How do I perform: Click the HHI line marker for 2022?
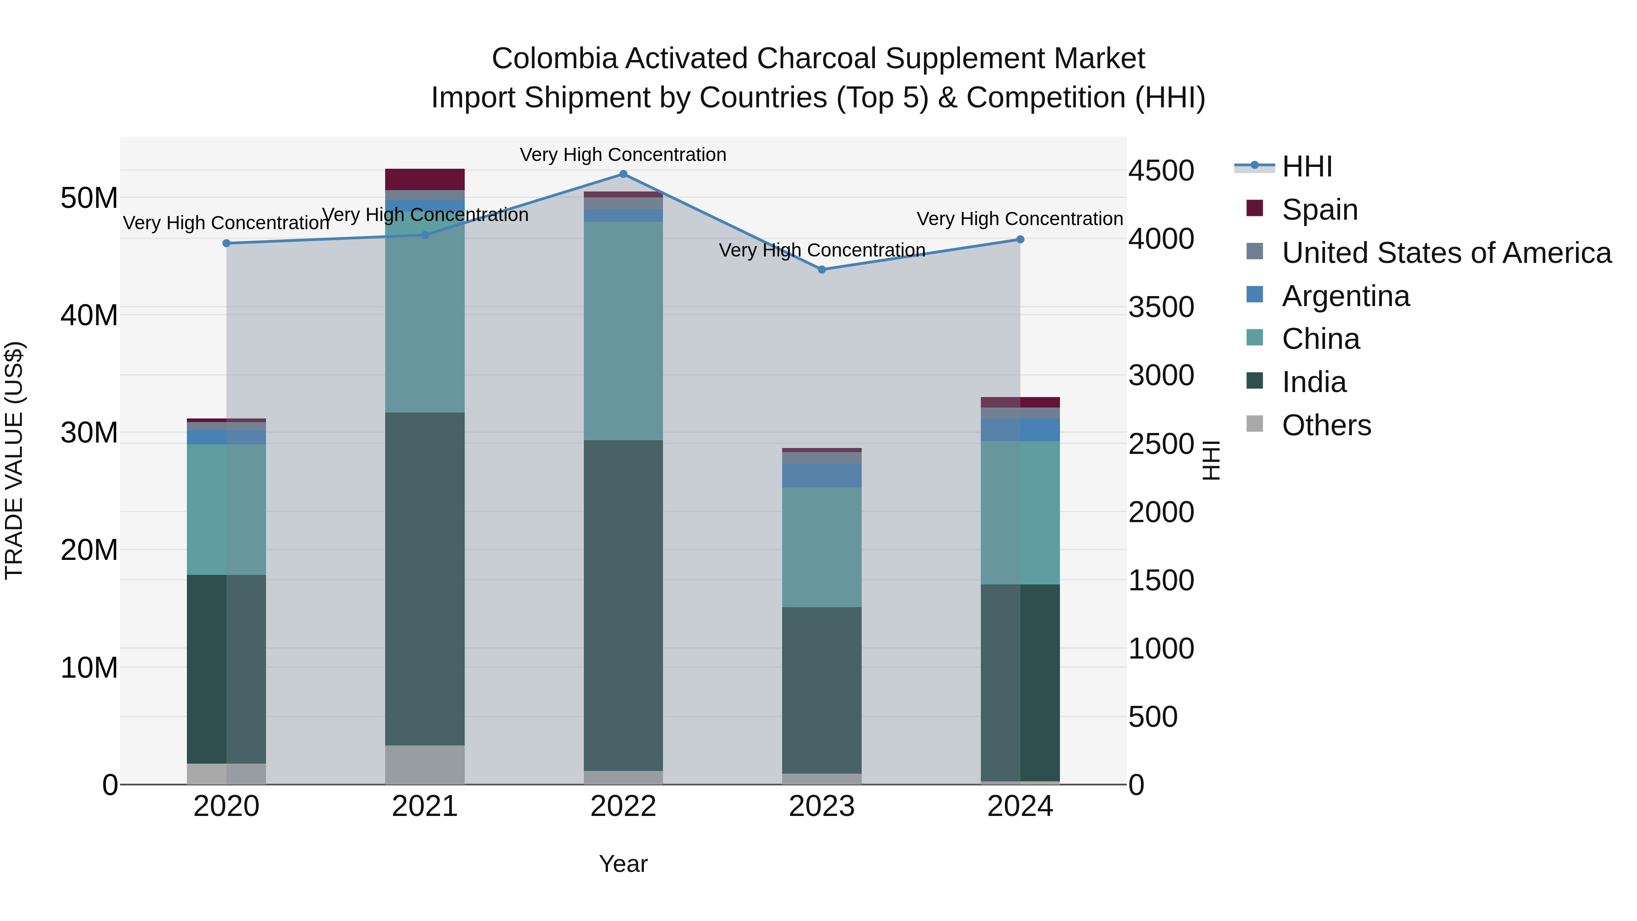(623, 174)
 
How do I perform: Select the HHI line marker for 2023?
(822, 270)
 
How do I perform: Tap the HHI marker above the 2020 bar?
(226, 243)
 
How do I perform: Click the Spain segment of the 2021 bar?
(425, 179)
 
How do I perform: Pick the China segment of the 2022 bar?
(623, 331)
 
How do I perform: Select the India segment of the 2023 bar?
(822, 689)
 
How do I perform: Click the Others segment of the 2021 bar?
(425, 765)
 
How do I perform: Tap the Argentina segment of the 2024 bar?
(1020, 430)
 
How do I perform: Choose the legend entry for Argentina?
(1346, 296)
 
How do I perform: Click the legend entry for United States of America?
(1446, 253)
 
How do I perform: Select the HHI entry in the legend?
(1306, 166)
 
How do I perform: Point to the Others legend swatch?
(1255, 424)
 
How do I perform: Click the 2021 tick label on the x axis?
(425, 806)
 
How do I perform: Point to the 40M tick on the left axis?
(89, 315)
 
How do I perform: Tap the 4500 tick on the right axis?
(1161, 171)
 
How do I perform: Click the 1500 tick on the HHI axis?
(1161, 580)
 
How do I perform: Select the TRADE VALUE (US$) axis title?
(15, 460)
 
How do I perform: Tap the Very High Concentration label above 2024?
(1019, 219)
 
